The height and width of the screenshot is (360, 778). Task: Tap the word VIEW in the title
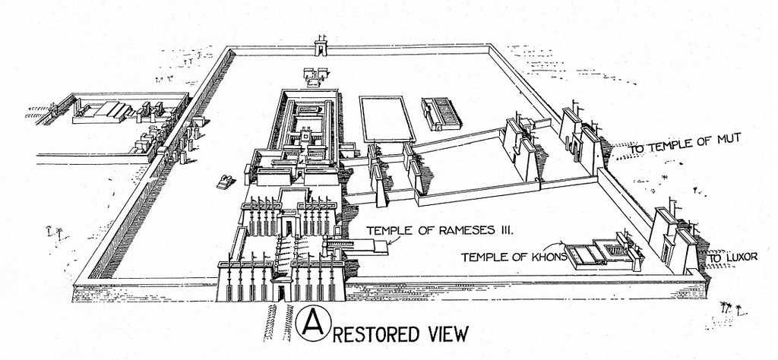(x=446, y=333)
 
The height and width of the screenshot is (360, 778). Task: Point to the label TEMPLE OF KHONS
(x=514, y=257)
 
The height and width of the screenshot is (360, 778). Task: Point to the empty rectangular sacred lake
(x=386, y=118)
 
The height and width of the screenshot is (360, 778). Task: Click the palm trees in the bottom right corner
(x=726, y=308)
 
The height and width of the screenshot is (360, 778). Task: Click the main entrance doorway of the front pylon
(x=281, y=291)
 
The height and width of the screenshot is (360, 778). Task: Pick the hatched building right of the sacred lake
(x=441, y=114)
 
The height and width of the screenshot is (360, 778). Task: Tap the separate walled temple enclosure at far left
(x=114, y=122)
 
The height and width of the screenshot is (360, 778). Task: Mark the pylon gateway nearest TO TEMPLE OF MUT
(x=581, y=139)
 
